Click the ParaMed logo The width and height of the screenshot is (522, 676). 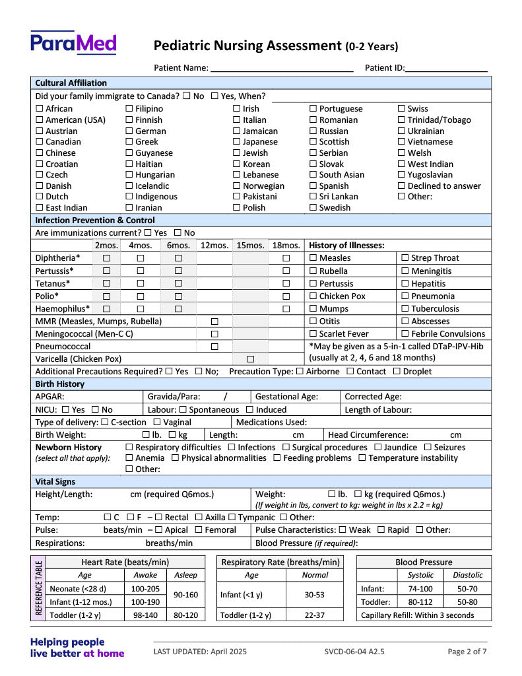tap(73, 43)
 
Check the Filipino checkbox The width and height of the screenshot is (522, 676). tap(129, 109)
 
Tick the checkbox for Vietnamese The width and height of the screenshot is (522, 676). tap(401, 142)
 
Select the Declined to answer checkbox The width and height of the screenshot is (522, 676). tap(401, 186)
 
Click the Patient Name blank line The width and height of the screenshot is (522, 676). tap(282, 67)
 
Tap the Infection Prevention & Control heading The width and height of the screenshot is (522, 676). tap(95, 220)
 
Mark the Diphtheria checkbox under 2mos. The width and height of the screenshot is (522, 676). tap(106, 258)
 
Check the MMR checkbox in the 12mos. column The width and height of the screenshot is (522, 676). tap(214, 321)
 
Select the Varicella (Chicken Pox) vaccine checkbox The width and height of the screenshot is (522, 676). tap(250, 359)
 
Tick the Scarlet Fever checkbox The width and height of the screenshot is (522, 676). tap(313, 334)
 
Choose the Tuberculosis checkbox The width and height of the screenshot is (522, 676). tap(405, 309)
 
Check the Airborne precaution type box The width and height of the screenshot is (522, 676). tap(300, 372)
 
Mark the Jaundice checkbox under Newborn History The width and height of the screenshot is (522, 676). tap(378, 448)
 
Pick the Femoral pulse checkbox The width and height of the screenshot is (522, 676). tap(199, 530)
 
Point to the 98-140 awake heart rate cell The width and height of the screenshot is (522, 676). tap(145, 615)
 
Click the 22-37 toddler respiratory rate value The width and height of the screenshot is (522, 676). tap(315, 615)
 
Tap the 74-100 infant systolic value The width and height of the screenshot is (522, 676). tap(420, 589)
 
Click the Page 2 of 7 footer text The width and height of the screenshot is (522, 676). tap(467, 652)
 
